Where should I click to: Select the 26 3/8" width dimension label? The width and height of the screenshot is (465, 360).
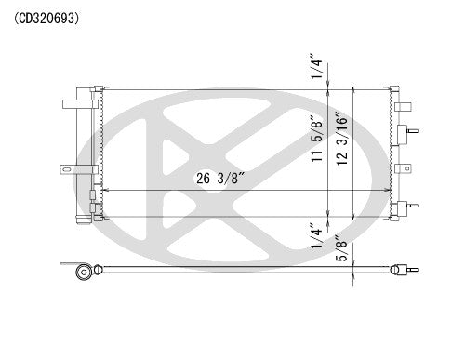(219, 180)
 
